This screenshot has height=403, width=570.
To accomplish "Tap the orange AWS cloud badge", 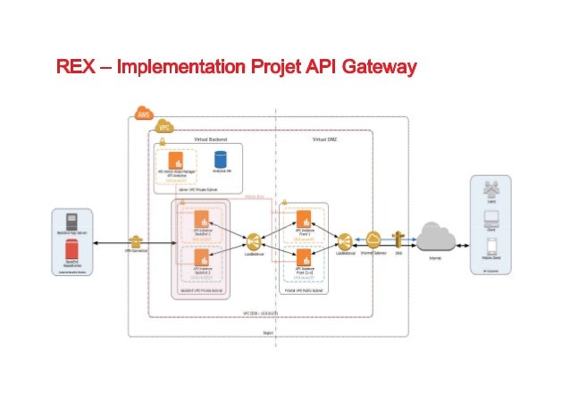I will (142, 113).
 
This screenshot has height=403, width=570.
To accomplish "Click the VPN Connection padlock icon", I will (135, 241).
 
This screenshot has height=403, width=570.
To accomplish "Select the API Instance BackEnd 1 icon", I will (201, 220).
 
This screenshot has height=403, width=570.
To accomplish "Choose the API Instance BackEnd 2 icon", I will (201, 259).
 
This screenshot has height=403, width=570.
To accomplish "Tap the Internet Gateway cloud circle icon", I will (373, 239).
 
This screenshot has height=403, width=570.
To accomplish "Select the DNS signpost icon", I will (399, 238).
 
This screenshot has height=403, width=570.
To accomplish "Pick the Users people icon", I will (490, 189).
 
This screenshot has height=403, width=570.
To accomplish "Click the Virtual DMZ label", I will (325, 141).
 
